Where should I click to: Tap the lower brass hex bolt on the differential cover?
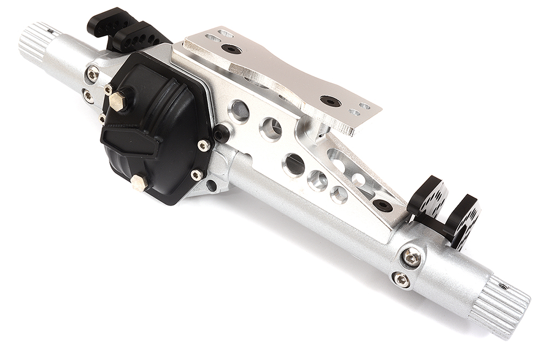pyautogui.click(x=138, y=182)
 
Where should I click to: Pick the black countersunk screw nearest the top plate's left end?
pyautogui.click(x=232, y=49)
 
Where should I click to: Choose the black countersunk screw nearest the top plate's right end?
pyautogui.click(x=330, y=101)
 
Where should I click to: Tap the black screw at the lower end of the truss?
pyautogui.click(x=382, y=205)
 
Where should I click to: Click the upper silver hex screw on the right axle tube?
pyautogui.click(x=411, y=257)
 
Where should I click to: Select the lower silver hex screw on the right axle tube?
pyautogui.click(x=401, y=279)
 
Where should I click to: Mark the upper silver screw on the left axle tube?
pyautogui.click(x=92, y=74)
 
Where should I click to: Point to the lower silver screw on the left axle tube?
pyautogui.click(x=87, y=96)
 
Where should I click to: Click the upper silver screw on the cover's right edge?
pyautogui.click(x=204, y=145)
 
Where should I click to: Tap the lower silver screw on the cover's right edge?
pyautogui.click(x=197, y=175)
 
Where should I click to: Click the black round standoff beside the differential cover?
pyautogui.click(x=221, y=133)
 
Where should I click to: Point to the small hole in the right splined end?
pyautogui.click(x=503, y=286)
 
